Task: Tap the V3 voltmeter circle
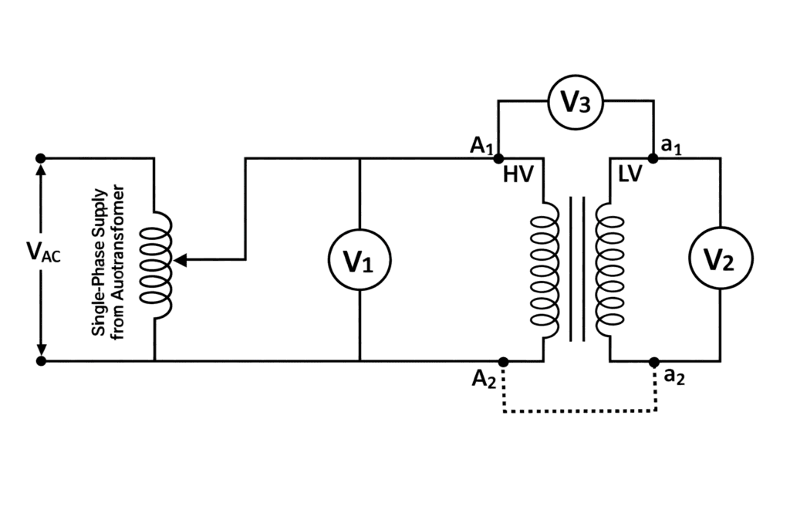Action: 575,100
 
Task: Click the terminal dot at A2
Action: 503,361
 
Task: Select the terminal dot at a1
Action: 653,158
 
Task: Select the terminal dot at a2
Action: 653,361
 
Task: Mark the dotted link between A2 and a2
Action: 579,411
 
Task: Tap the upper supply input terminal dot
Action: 41,157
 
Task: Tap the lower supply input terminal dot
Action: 41,360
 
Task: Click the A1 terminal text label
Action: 481,145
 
